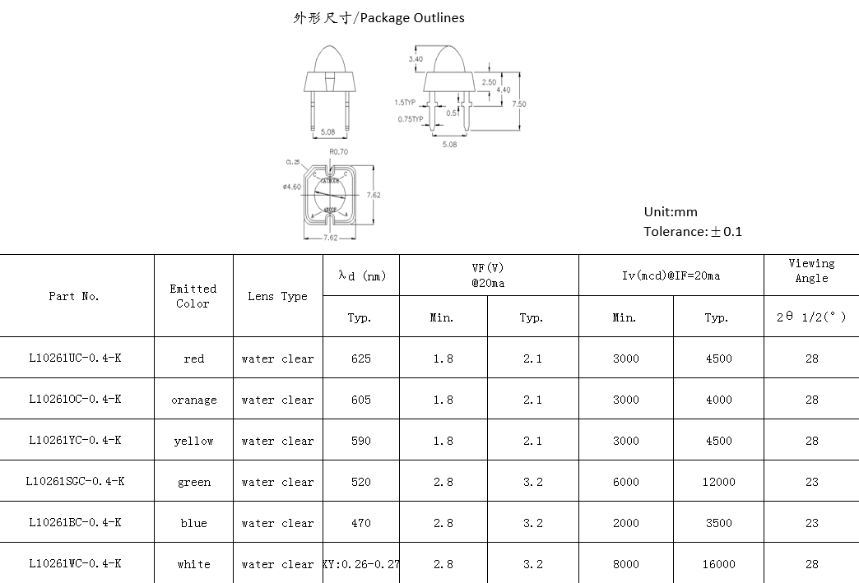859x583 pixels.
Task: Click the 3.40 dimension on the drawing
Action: click(416, 59)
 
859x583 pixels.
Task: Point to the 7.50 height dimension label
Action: click(519, 104)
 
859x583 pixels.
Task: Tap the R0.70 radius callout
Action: click(338, 152)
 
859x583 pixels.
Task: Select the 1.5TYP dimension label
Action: click(405, 103)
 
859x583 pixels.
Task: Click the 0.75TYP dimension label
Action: click(410, 119)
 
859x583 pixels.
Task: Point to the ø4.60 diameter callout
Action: click(292, 187)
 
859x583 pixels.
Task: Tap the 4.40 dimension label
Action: click(504, 90)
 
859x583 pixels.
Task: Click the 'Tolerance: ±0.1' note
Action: click(693, 232)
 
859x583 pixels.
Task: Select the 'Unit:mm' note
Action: click(671, 212)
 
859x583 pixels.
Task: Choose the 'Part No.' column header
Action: click(74, 296)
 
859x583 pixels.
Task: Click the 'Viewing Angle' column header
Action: click(811, 271)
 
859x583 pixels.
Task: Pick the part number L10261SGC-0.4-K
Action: click(76, 482)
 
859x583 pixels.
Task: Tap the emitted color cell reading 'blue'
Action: click(194, 523)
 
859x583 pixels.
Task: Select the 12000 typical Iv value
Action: click(718, 482)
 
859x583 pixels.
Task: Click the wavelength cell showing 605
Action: click(360, 400)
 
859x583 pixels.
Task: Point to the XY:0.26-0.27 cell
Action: click(361, 564)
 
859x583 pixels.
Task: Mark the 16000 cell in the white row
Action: click(718, 564)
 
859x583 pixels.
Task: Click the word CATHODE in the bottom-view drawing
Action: click(329, 180)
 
